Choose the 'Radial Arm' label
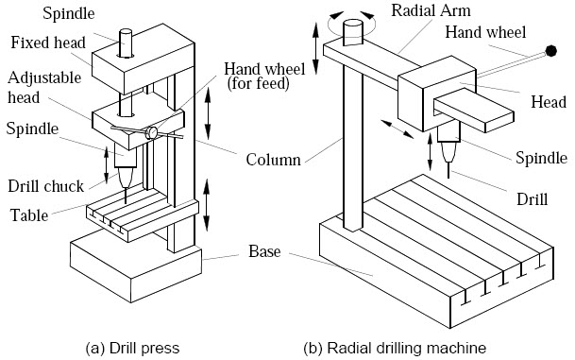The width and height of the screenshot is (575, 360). coord(423,11)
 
